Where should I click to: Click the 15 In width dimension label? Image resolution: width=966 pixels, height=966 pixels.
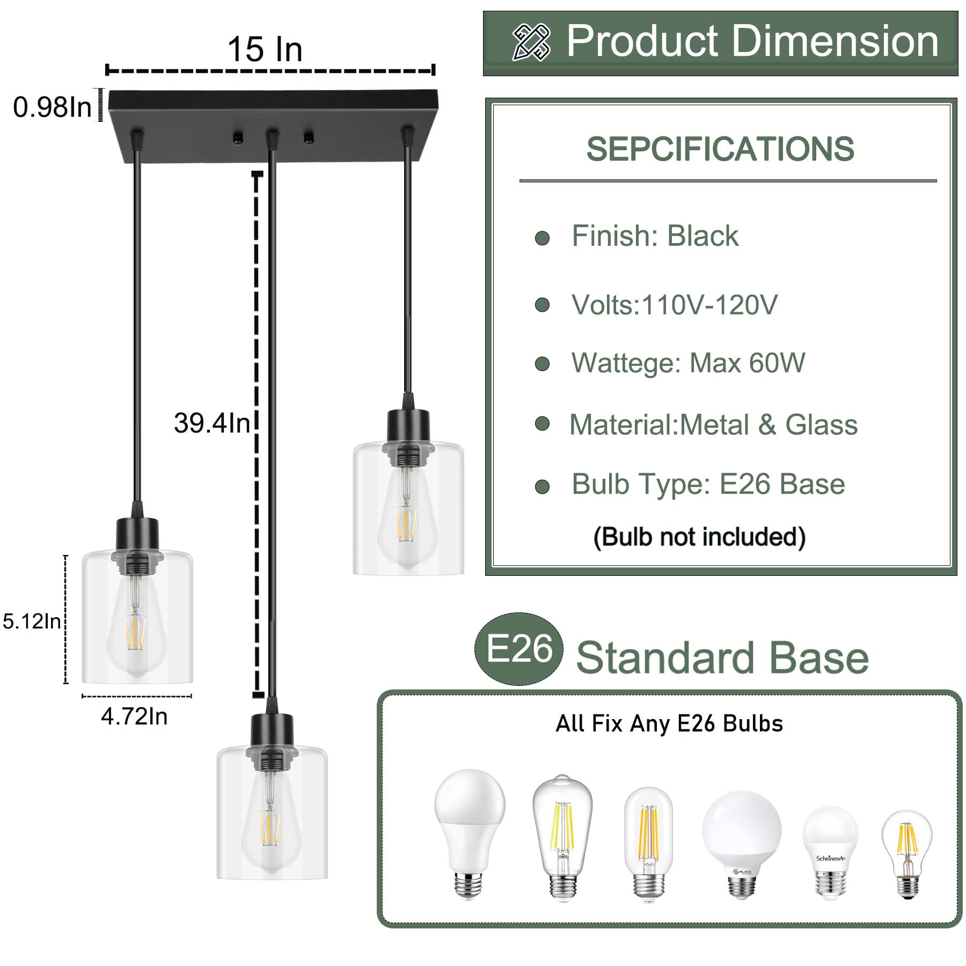click(x=265, y=49)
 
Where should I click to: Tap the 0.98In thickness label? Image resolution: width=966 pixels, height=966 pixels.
click(x=52, y=107)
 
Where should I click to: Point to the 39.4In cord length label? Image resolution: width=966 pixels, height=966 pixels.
click(x=211, y=423)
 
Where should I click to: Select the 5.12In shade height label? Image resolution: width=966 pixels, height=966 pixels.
click(x=32, y=621)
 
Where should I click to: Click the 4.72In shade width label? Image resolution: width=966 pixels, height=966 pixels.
click(x=134, y=716)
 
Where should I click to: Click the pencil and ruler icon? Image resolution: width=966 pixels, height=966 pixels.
click(x=531, y=42)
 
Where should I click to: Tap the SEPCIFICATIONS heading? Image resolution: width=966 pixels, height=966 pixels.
click(x=720, y=149)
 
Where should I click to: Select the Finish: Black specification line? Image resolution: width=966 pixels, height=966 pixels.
click(x=654, y=236)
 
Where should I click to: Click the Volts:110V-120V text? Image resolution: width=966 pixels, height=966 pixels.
click(x=674, y=305)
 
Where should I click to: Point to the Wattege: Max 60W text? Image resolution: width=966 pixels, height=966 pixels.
click(x=688, y=363)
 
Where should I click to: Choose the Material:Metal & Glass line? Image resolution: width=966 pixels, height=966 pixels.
click(x=713, y=425)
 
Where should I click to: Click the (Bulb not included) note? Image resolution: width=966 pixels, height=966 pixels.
click(x=699, y=537)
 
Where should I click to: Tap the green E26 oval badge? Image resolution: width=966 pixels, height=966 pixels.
click(x=519, y=648)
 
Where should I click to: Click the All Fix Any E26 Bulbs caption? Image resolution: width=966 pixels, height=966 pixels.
click(x=669, y=723)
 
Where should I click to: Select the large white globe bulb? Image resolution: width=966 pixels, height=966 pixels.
click(x=741, y=830)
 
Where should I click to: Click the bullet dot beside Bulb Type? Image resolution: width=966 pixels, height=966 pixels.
click(x=543, y=487)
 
